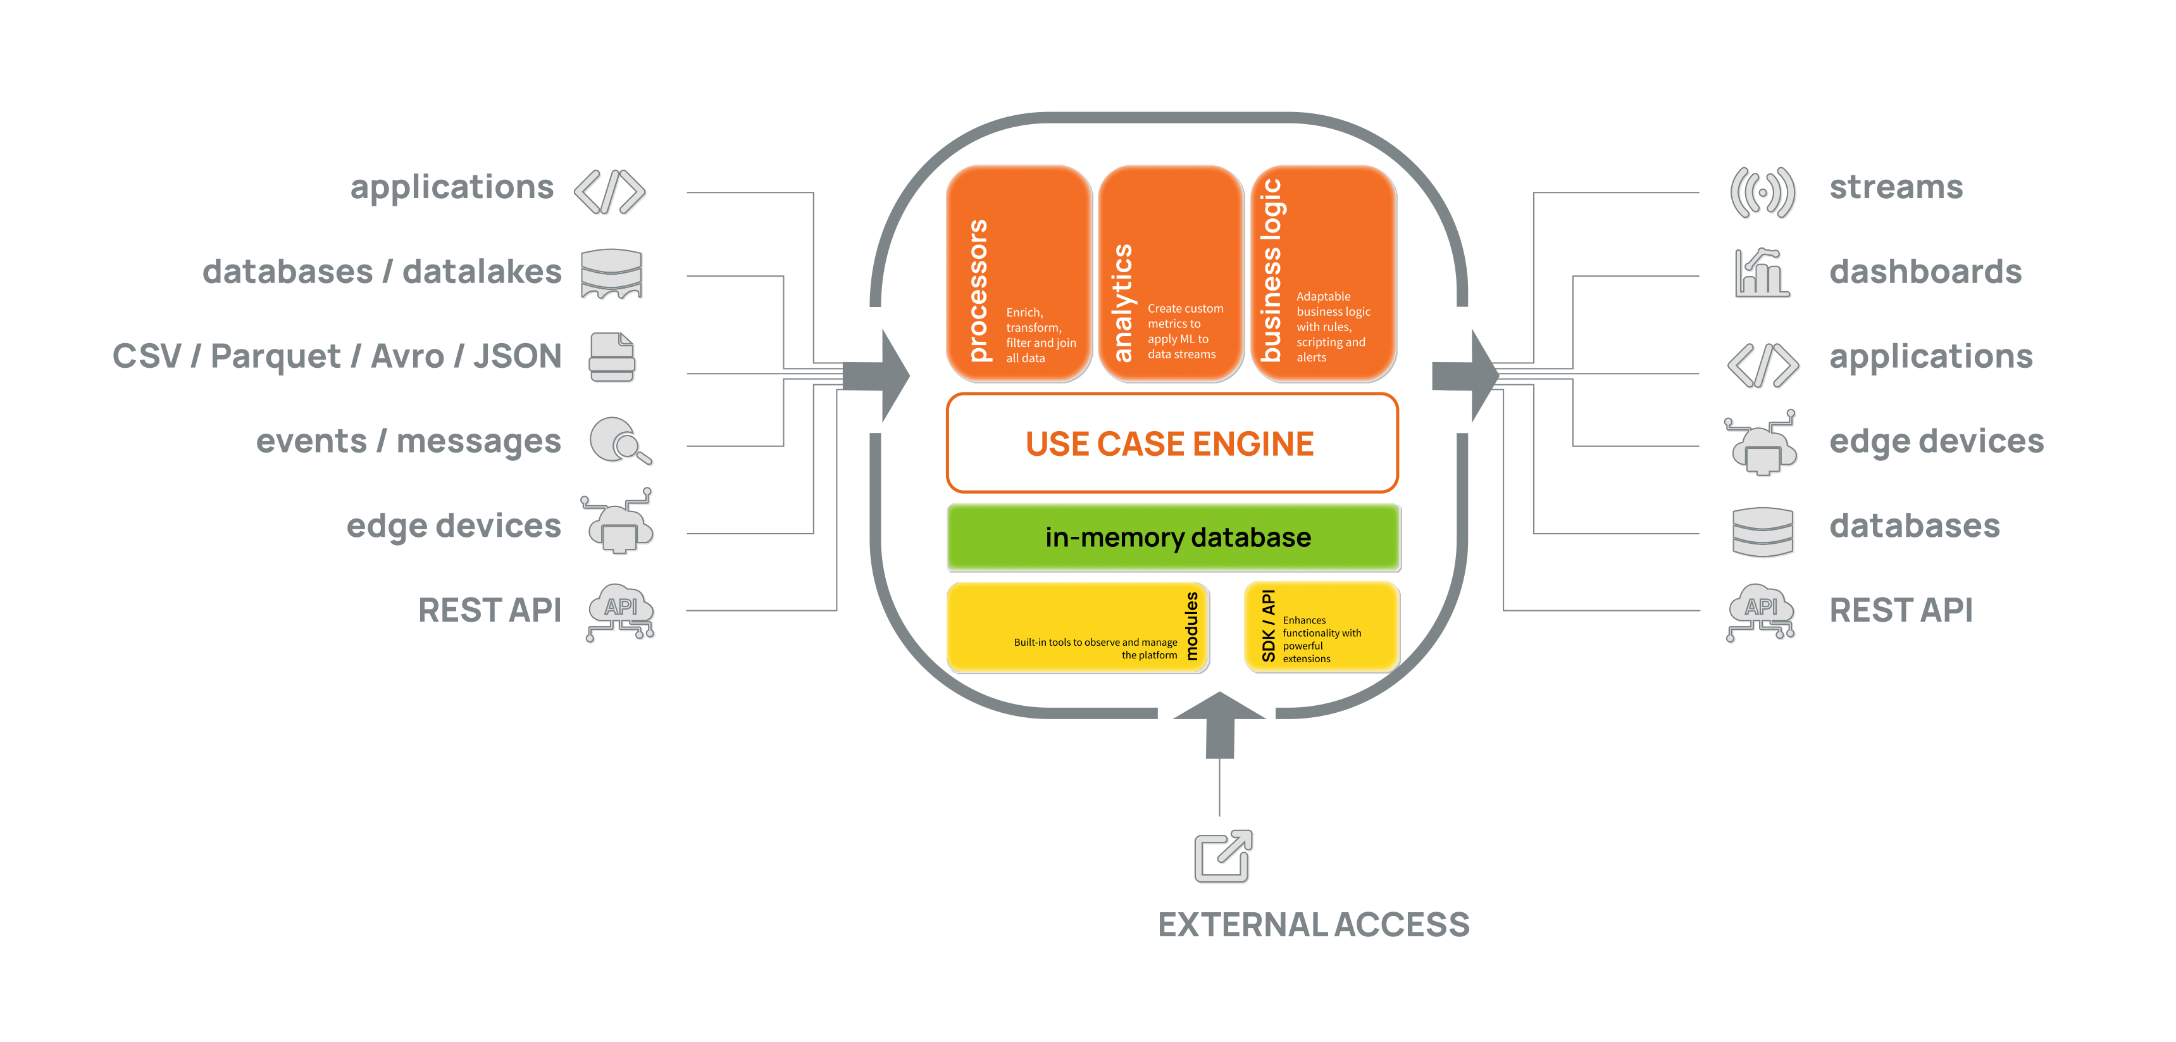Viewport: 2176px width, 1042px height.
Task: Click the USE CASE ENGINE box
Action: pos(1171,443)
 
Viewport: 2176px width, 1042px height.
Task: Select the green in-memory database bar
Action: pos(1172,537)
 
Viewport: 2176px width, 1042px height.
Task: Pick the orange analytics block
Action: pos(1170,273)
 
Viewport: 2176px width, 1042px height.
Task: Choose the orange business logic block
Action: pos(1322,273)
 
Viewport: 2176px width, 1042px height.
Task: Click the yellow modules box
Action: pos(1077,626)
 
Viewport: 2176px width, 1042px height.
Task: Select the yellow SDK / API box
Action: pos(1321,626)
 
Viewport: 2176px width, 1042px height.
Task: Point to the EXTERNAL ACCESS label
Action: pos(1314,924)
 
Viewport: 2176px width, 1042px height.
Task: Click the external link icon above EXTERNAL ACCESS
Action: pos(1223,857)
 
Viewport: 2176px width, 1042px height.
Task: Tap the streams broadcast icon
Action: pos(1763,192)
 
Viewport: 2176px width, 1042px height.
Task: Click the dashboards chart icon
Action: pos(1762,274)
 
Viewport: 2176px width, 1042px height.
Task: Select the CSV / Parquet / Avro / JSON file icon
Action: pos(612,358)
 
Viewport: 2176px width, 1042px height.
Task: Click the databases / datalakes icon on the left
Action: pos(612,274)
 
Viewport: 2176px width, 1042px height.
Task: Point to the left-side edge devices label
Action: pos(454,525)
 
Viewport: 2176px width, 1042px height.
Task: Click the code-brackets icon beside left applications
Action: pos(610,192)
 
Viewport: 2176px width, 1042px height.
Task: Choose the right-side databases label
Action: pos(1914,525)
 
